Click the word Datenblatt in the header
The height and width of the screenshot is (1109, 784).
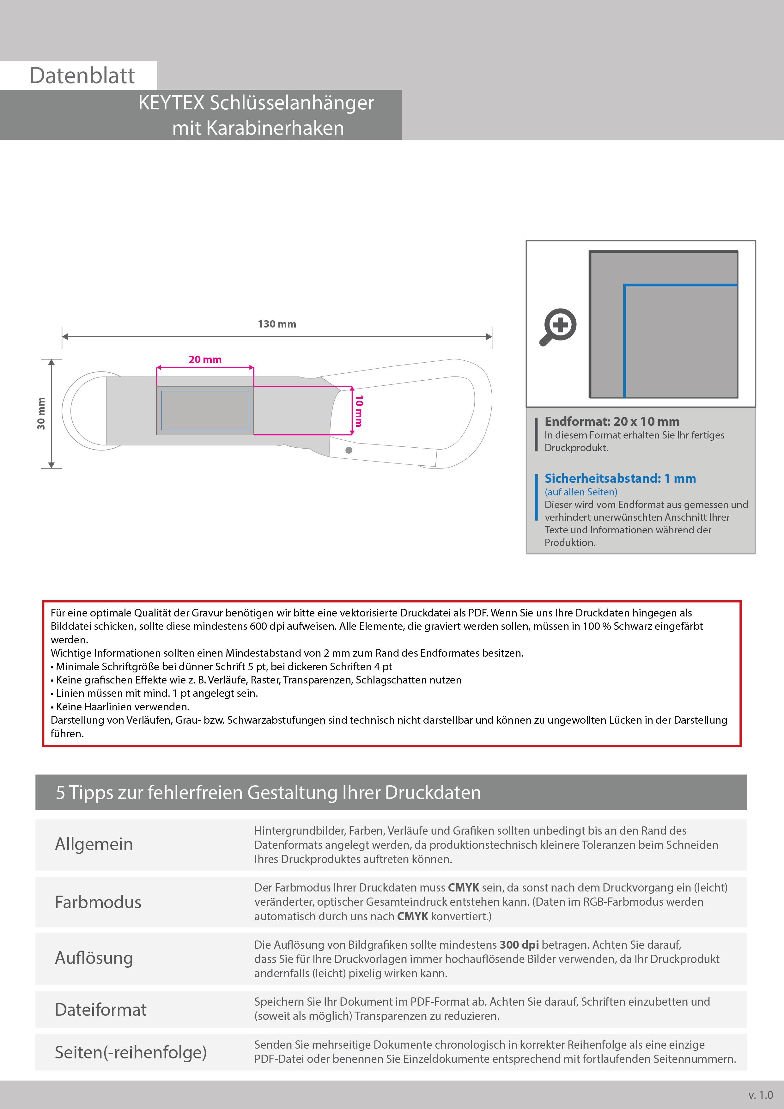(82, 76)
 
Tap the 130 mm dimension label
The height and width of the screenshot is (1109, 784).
(277, 324)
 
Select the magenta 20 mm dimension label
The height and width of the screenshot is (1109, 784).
(205, 359)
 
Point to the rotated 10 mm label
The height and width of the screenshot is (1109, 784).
(359, 411)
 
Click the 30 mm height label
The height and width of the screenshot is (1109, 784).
(41, 414)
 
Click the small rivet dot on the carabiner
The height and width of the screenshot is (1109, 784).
(349, 450)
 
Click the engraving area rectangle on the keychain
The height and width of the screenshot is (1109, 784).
(205, 411)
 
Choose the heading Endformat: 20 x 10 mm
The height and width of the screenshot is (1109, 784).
(612, 422)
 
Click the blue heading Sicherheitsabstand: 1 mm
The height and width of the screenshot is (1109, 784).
(620, 479)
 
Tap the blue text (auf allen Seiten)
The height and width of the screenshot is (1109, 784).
(581, 492)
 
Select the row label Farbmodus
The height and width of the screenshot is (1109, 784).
(98, 902)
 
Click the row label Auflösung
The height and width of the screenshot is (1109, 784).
(94, 958)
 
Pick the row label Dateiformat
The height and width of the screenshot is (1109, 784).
(100, 1009)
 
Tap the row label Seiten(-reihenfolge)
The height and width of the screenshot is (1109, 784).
(130, 1052)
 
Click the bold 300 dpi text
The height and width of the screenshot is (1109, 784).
(519, 945)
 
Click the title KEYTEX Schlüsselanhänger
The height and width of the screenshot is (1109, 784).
(256, 103)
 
